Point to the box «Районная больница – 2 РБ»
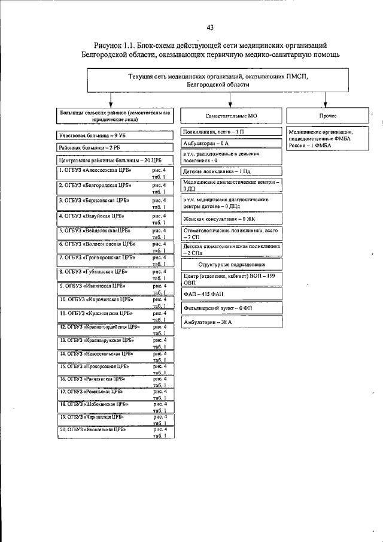pyautogui.click(x=114, y=147)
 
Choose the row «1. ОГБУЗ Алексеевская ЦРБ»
pyautogui.click(x=114, y=174)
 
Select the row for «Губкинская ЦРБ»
pyautogui.click(x=114, y=274)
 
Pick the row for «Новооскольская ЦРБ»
pyautogui.click(x=114, y=357)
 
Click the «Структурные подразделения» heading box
pyautogui.click(x=232, y=264)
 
